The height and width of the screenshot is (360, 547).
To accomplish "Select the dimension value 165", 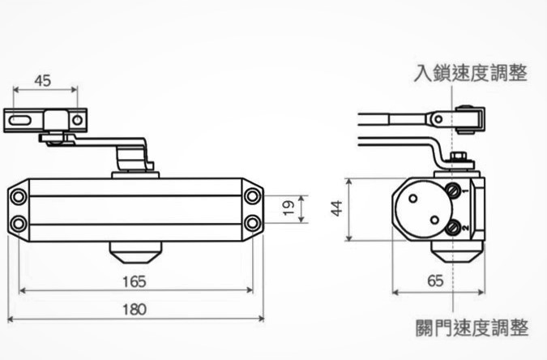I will tap(135, 282).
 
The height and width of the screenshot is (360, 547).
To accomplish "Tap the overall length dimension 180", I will tap(135, 310).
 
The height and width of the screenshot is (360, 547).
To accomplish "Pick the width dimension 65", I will tap(434, 282).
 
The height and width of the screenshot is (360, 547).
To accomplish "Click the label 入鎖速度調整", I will tap(470, 74).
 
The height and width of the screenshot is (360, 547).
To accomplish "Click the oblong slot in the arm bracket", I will tap(22, 120).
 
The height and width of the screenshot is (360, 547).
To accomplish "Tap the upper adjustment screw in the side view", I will tap(455, 191).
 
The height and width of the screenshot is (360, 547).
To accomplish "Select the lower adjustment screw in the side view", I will tap(455, 228).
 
